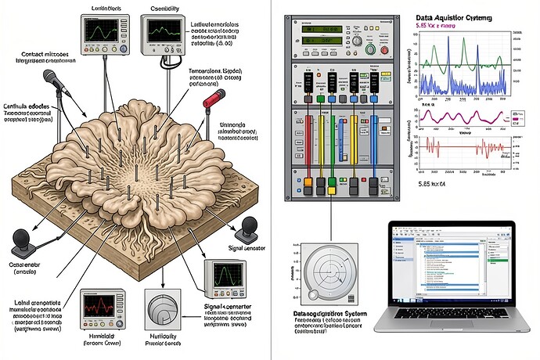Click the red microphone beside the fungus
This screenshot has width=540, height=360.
[x=213, y=99]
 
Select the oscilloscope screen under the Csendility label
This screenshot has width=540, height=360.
[x=157, y=31]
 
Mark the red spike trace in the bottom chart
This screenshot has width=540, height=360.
[x=454, y=146]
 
